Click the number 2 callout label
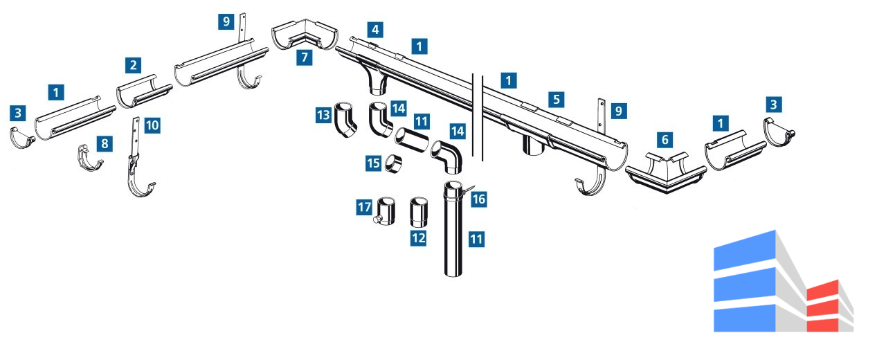pyautogui.click(x=134, y=66)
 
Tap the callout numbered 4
pyautogui.click(x=374, y=30)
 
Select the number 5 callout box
pyautogui.click(x=556, y=99)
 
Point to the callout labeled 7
pyautogui.click(x=304, y=57)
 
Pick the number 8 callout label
pyautogui.click(x=105, y=143)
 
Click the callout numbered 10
pyautogui.click(x=152, y=125)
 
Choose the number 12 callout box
pyautogui.click(x=419, y=239)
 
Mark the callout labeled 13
pyautogui.click(x=323, y=115)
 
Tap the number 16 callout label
pyautogui.click(x=479, y=199)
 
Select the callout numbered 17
pyautogui.click(x=365, y=206)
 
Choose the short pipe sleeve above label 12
pyautogui.click(x=419, y=213)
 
